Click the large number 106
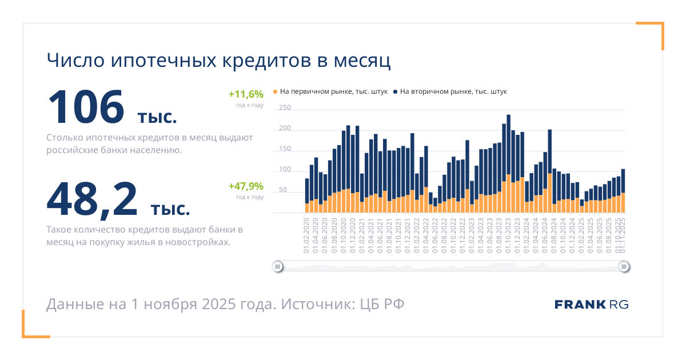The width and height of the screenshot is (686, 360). tap(86, 107)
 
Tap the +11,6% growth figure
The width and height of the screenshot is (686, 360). tap(246, 94)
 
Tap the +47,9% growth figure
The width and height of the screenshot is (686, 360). tap(246, 186)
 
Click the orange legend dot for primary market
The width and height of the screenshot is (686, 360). tap(276, 91)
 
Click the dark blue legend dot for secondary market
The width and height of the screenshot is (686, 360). tap(395, 91)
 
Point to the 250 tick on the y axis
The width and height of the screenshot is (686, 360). tap(285, 108)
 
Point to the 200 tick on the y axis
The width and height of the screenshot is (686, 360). tap(285, 129)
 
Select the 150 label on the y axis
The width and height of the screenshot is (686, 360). tap(285, 149)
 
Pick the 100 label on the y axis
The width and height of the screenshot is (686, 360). tap(285, 170)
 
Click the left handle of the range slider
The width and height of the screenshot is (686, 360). tap(278, 266)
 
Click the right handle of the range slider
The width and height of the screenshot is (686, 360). tap(624, 266)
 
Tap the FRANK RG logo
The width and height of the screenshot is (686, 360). tap(591, 305)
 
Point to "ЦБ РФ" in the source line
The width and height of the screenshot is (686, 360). tap(382, 304)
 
